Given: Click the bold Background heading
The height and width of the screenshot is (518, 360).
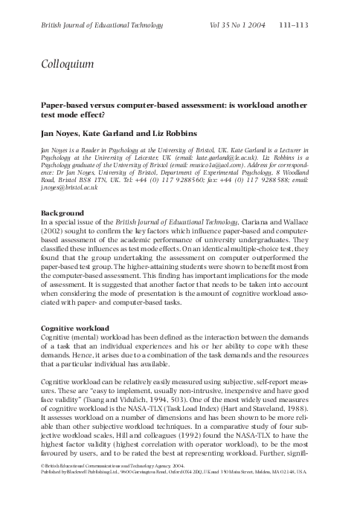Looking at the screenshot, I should (63, 213).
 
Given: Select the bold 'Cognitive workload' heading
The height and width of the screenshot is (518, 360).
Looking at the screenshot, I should (75, 328).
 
